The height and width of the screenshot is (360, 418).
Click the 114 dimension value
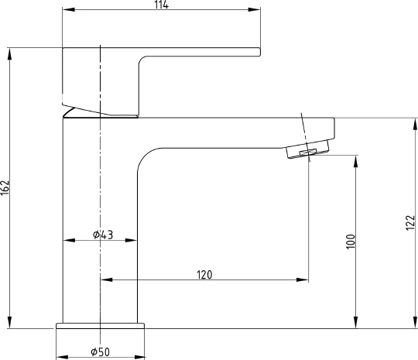tap(162, 5)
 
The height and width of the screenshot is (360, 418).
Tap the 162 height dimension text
tap(5, 187)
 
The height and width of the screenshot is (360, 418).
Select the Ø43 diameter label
tap(103, 235)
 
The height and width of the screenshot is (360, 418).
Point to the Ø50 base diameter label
tap(100, 352)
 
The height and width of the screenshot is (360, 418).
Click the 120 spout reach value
tap(204, 275)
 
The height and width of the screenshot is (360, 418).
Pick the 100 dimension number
tap(351, 242)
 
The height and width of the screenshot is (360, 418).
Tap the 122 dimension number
tap(410, 223)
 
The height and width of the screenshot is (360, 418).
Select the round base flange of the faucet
tap(100, 326)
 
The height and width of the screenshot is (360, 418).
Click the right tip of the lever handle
tap(260, 52)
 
